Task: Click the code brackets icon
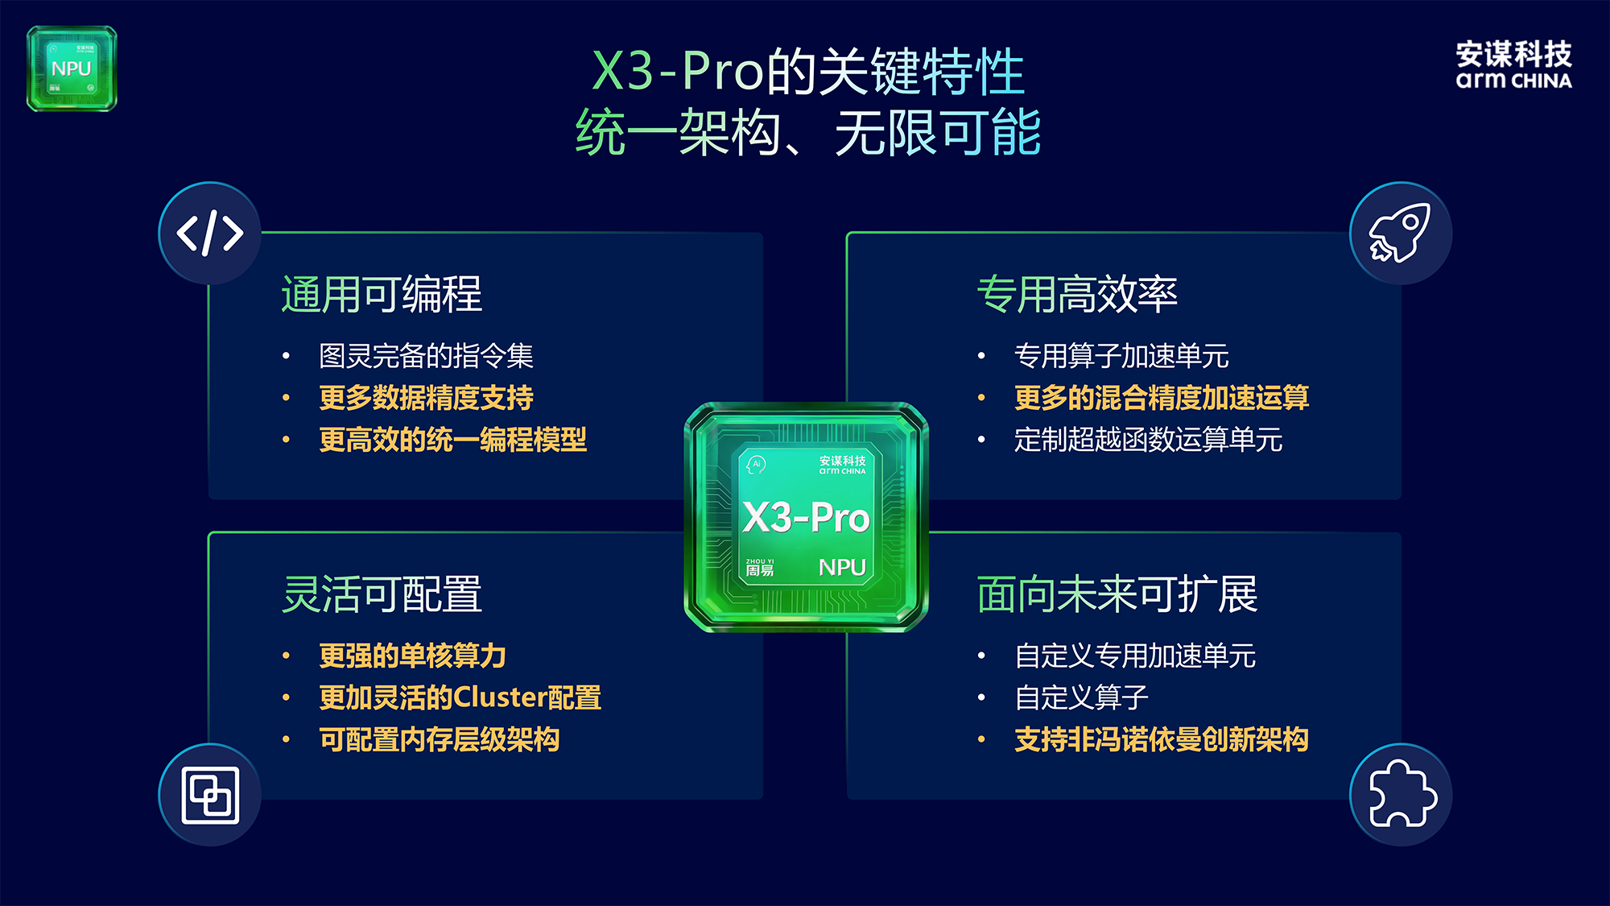[210, 234]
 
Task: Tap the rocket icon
[1400, 233]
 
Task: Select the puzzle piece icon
[1402, 793]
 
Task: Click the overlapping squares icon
[210, 795]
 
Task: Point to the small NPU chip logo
[72, 68]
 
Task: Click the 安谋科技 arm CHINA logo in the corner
[1513, 64]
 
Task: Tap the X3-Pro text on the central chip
[806, 517]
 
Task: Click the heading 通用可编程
[382, 294]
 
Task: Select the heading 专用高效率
[1077, 294]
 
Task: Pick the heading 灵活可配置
[382, 594]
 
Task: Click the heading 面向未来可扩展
[1117, 594]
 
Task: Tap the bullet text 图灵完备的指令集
[426, 356]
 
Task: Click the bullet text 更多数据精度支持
[426, 398]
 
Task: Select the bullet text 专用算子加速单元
[1121, 356]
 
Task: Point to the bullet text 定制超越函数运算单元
[1148, 440]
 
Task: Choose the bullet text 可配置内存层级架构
[439, 739]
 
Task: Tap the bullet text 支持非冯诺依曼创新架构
[1162, 739]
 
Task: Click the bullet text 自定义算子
[1081, 697]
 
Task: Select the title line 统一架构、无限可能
[808, 133]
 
